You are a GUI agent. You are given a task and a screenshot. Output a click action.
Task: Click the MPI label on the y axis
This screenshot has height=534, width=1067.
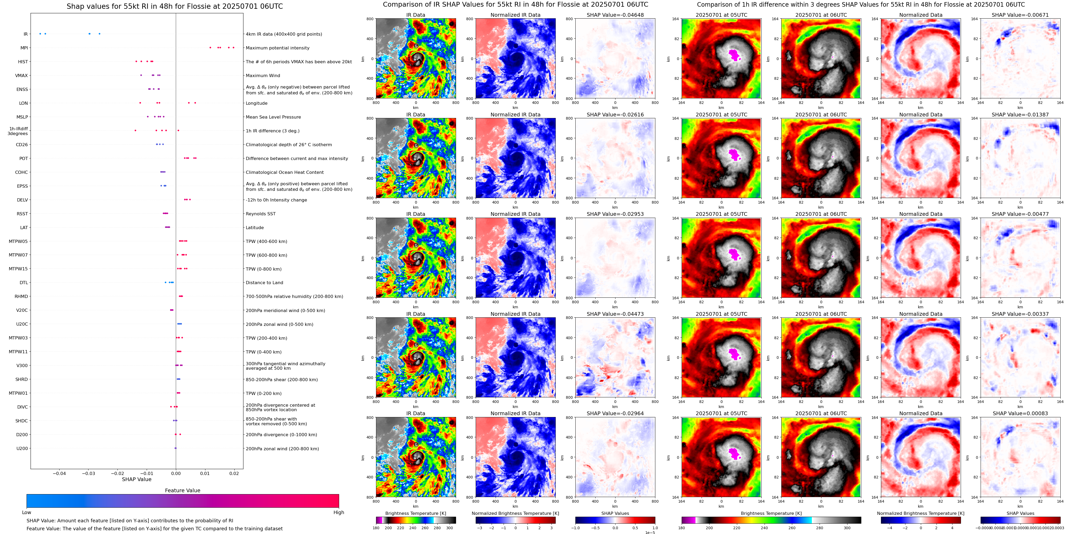click(24, 48)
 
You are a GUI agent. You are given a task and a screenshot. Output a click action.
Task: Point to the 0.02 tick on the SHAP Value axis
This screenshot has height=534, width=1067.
click(234, 473)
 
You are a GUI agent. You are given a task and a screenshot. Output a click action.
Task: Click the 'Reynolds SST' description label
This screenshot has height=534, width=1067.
click(260, 214)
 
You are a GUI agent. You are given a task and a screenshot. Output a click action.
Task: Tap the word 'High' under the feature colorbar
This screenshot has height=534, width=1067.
click(338, 512)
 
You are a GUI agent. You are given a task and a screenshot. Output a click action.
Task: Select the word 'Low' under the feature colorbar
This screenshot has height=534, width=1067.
click(27, 512)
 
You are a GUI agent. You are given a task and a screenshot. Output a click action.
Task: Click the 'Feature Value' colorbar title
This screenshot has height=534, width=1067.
click(182, 490)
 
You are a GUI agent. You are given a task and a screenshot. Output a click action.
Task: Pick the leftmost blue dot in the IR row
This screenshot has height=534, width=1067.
click(40, 33)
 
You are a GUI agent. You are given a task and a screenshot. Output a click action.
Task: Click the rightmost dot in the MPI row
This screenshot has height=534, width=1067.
click(234, 48)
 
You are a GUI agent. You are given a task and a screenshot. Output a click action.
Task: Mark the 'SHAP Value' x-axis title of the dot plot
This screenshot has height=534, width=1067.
click(136, 479)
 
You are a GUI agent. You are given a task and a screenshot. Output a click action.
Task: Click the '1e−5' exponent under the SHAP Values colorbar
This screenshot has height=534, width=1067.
click(650, 532)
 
